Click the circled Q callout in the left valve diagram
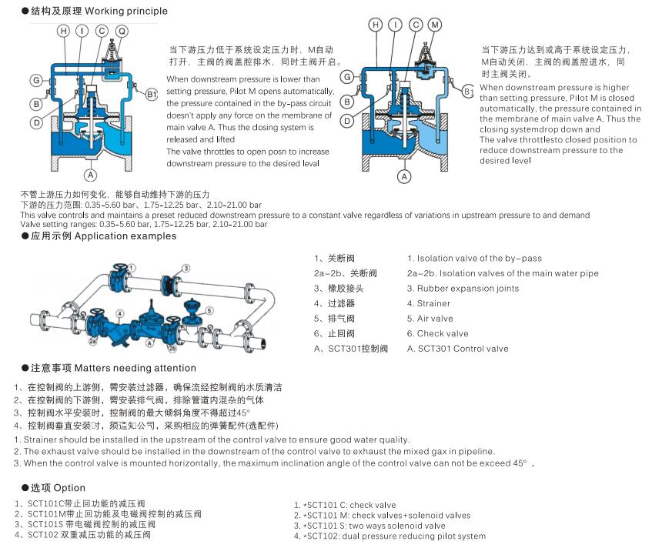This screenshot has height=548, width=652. pyautogui.click(x=122, y=31)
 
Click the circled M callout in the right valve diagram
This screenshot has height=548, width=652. pyautogui.click(x=435, y=25)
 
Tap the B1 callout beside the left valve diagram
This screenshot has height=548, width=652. pyautogui.click(x=152, y=94)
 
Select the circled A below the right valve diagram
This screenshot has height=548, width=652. pyautogui.click(x=403, y=176)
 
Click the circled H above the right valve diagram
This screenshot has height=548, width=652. pyautogui.click(x=376, y=25)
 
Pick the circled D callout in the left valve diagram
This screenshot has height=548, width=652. pyautogui.click(x=36, y=122)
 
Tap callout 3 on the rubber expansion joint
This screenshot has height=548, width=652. pyautogui.click(x=186, y=268)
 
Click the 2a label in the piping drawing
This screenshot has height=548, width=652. pyautogui.click(x=92, y=339)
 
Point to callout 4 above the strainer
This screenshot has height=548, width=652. pyautogui.click(x=120, y=313)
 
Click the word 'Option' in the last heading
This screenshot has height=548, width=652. pyautogui.click(x=69, y=488)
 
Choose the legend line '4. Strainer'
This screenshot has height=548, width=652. pyautogui.click(x=429, y=303)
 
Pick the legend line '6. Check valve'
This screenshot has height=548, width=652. pyautogui.click(x=437, y=333)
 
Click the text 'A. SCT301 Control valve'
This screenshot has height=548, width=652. pyautogui.click(x=457, y=349)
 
